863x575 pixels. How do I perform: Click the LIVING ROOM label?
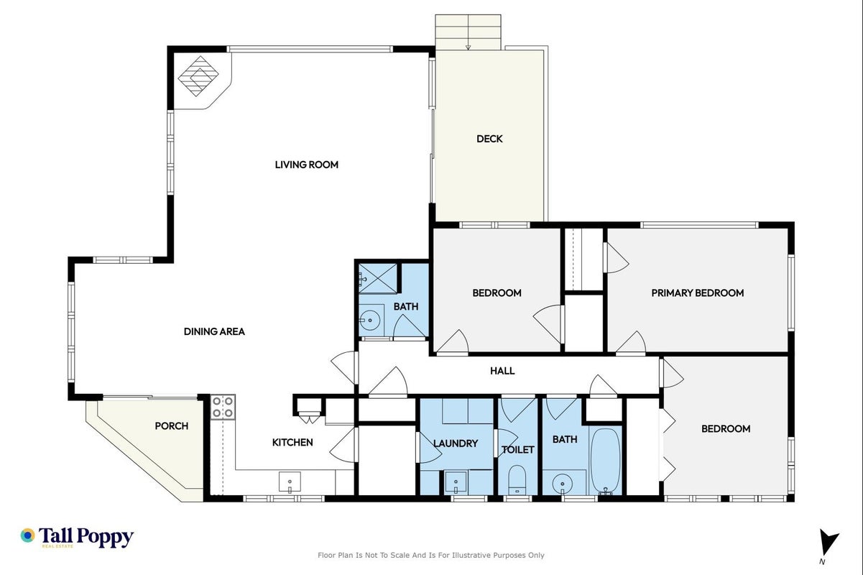pyautogui.click(x=307, y=165)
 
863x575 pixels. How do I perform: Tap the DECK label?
pyautogui.click(x=489, y=139)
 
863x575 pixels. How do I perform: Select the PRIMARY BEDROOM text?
pyautogui.click(x=697, y=293)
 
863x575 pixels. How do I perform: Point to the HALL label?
pyautogui.click(x=502, y=371)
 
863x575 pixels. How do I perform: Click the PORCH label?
pyautogui.click(x=172, y=425)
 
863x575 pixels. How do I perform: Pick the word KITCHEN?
pyautogui.click(x=292, y=443)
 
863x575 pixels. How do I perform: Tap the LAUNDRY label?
pyautogui.click(x=456, y=443)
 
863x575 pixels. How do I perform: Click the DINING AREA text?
pyautogui.click(x=214, y=331)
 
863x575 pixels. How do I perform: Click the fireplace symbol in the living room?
pyautogui.click(x=198, y=76)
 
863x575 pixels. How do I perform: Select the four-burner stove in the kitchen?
pyautogui.click(x=223, y=408)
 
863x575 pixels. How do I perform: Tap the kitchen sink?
pyautogui.click(x=290, y=482)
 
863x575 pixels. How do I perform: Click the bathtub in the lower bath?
pyautogui.click(x=606, y=461)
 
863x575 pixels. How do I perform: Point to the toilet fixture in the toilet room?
pyautogui.click(x=517, y=480)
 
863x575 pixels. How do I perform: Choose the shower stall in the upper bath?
pyautogui.click(x=377, y=278)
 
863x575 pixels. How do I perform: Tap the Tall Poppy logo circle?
pyautogui.click(x=28, y=535)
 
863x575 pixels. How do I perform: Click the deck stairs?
pyautogui.click(x=468, y=32)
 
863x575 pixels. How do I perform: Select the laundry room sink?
pyautogui.click(x=456, y=483)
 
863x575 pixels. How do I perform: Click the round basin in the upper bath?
pyautogui.click(x=370, y=320)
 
